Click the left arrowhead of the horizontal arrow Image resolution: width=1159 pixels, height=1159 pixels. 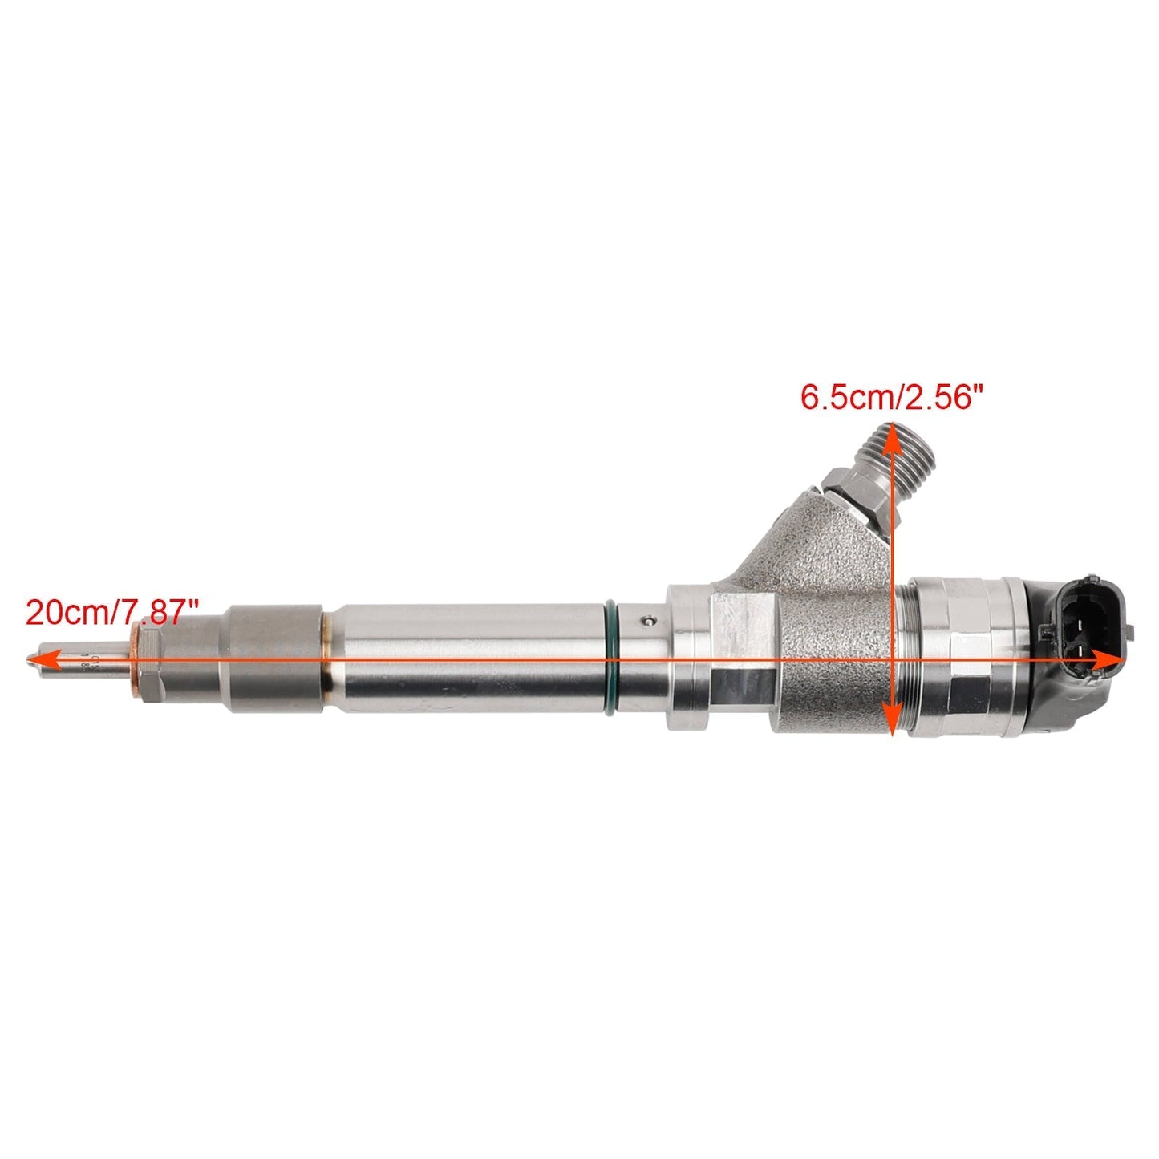point(40,659)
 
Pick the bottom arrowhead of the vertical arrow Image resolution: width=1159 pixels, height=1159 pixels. point(889,722)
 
